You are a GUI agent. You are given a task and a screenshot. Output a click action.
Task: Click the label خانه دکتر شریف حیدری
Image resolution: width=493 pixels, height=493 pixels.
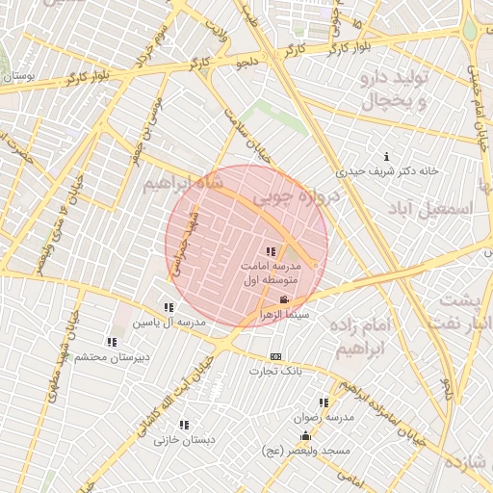click(x=387, y=171)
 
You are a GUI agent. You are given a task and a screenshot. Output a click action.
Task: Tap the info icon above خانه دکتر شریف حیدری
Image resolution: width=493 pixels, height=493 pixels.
click(x=387, y=156)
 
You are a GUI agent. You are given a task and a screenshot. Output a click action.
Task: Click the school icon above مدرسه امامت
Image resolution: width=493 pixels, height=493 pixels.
click(x=270, y=251)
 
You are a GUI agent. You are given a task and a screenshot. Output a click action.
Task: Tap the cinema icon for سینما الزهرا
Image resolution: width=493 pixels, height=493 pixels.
click(x=282, y=300)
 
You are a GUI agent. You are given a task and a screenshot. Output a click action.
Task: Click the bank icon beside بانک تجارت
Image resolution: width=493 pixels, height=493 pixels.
click(x=276, y=356)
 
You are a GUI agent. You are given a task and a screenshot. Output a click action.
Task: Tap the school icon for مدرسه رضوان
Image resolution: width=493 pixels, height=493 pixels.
click(x=324, y=402)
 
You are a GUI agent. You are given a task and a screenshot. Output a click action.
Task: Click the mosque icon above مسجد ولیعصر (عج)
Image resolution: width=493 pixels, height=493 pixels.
click(x=306, y=436)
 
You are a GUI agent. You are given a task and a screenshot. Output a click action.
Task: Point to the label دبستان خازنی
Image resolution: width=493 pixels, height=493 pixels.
click(x=185, y=440)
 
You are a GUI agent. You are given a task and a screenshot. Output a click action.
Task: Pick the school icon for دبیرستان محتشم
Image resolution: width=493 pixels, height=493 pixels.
click(x=113, y=342)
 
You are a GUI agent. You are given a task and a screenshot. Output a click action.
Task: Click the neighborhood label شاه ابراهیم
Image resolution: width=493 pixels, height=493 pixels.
click(x=184, y=183)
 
